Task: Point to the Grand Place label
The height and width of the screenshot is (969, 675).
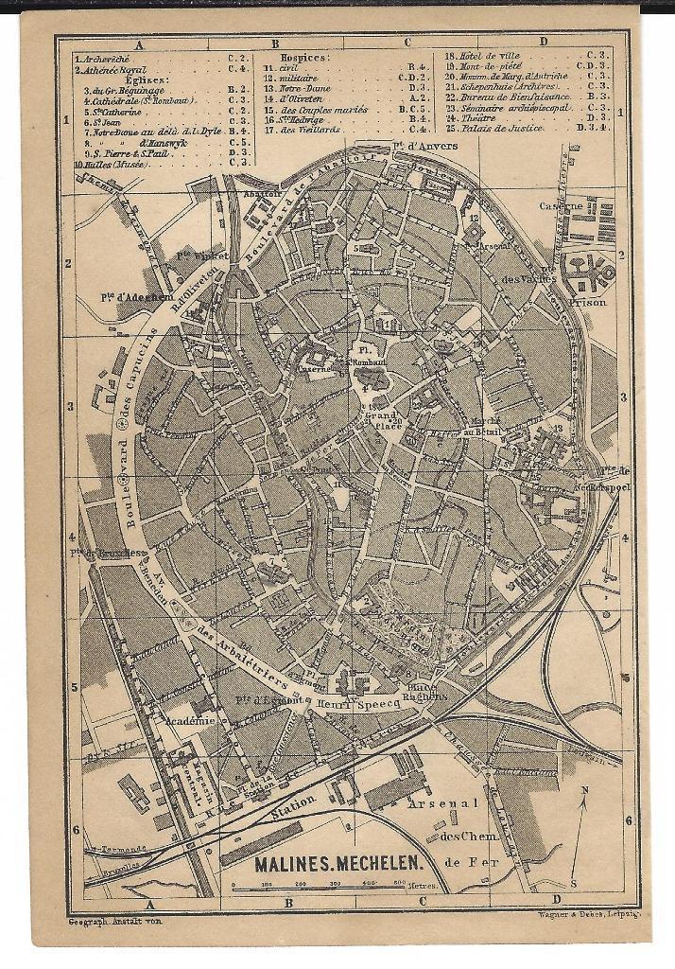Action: pyautogui.click(x=385, y=420)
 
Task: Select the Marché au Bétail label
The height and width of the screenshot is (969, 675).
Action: pyautogui.click(x=483, y=426)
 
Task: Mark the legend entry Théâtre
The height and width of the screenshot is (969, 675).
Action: pyautogui.click(x=479, y=117)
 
